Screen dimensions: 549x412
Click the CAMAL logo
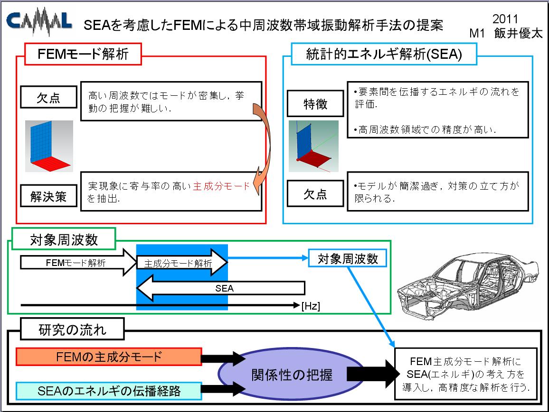coord(39,21)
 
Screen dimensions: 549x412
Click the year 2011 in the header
coord(505,19)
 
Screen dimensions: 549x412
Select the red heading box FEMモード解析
coord(83,54)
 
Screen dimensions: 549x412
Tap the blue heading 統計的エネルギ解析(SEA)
coord(384,54)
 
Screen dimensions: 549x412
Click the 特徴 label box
coord(315,103)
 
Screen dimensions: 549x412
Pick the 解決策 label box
coord(48,196)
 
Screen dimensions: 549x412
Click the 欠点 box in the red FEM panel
coord(48,97)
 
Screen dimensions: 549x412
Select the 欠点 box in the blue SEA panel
coord(315,193)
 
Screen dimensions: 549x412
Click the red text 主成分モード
coord(221,186)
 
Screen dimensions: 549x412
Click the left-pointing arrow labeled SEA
coord(220,288)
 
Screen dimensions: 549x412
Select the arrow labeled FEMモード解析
coord(78,263)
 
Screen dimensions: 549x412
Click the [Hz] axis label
coord(311,306)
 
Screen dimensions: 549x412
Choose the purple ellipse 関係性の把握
coord(291,374)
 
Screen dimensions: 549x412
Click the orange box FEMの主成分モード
coord(109,357)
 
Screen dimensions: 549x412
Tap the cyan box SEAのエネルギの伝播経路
coord(109,391)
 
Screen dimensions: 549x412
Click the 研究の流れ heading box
coord(73,329)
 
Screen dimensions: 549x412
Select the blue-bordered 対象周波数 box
coord(348,258)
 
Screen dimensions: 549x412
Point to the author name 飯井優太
coord(518,33)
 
